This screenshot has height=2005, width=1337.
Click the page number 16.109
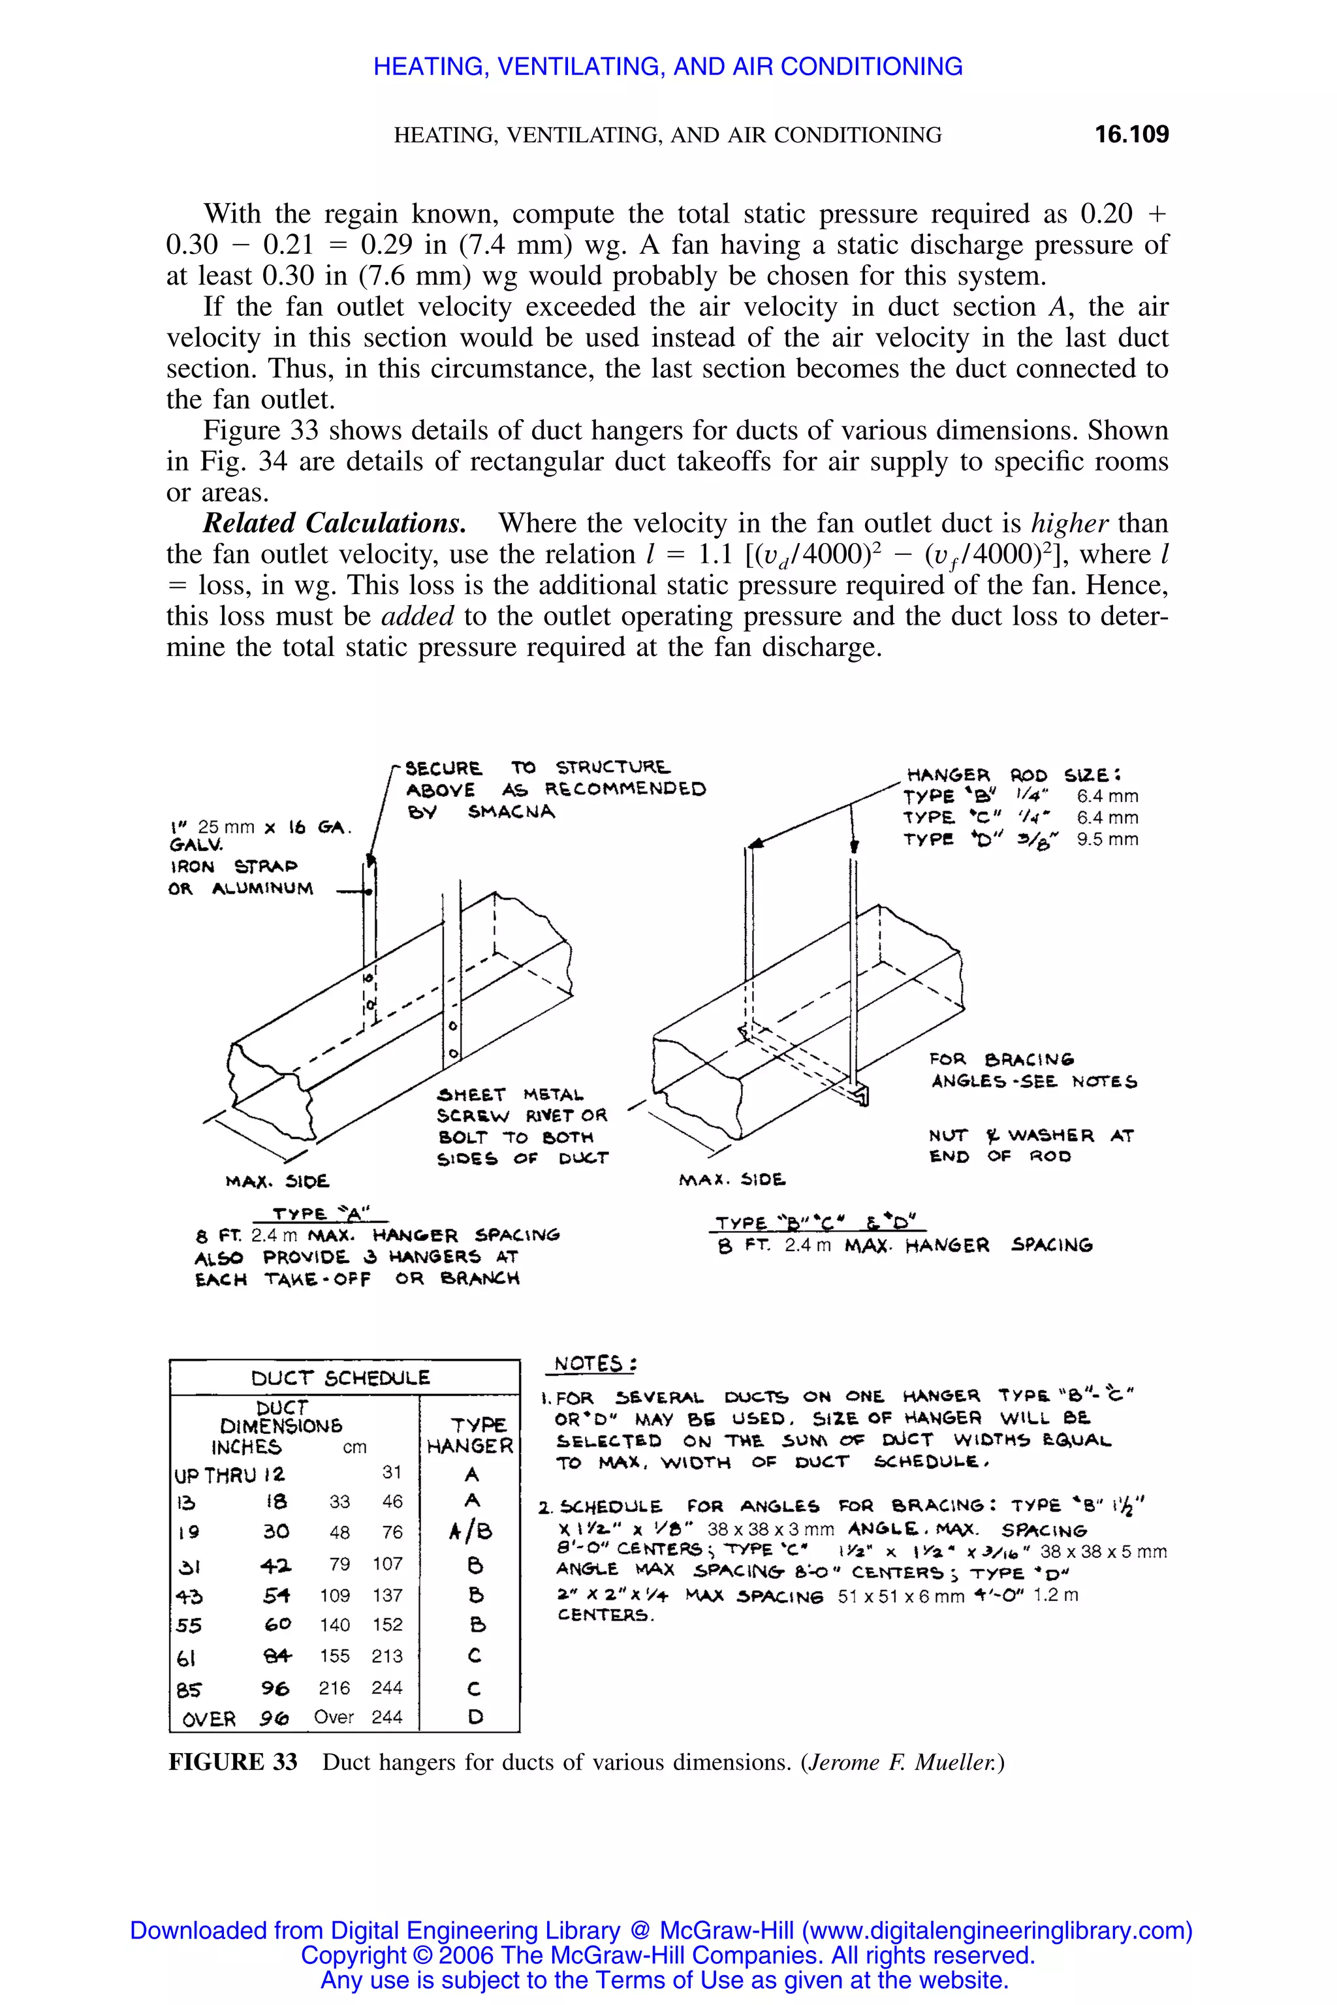pyautogui.click(x=1131, y=134)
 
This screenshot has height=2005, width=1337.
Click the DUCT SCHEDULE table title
pyautogui.click(x=340, y=1378)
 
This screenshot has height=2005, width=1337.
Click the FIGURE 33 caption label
pyautogui.click(x=233, y=1762)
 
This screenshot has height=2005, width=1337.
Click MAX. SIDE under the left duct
pyautogui.click(x=277, y=1181)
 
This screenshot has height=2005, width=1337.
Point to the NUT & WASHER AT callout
pyautogui.click(x=1030, y=1136)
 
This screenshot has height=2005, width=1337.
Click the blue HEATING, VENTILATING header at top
pyautogui.click(x=668, y=67)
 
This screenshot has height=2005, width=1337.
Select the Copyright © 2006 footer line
pyautogui.click(x=668, y=1955)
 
